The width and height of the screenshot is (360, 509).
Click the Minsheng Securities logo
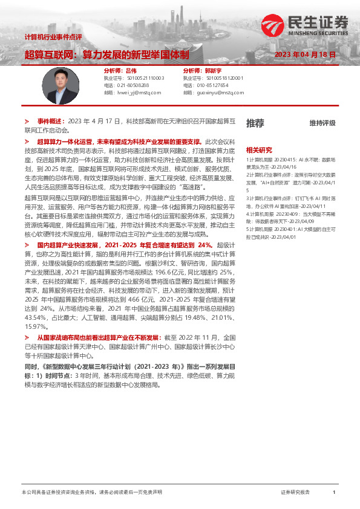306,27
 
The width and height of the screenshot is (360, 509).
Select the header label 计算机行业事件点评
53,37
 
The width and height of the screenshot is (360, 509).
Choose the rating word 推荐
255,123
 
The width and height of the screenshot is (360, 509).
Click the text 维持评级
322,123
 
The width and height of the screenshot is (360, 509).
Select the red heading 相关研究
259,149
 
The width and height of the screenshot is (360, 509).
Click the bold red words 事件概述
50,121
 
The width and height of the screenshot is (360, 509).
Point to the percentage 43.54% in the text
35,317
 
